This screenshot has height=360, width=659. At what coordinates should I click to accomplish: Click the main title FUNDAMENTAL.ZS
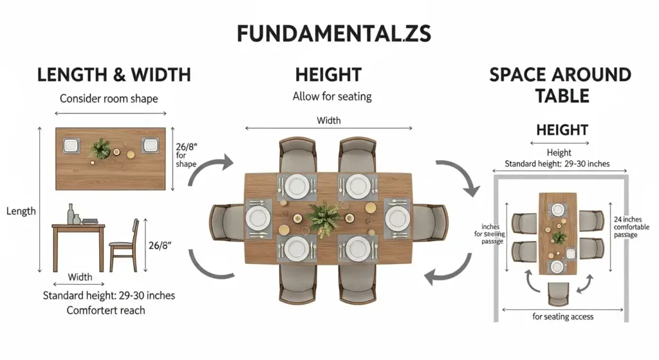(329, 33)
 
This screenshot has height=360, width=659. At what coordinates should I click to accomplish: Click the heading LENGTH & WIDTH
(114, 75)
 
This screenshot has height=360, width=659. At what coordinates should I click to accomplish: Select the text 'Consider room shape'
(109, 99)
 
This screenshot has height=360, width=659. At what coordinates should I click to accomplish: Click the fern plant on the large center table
(324, 217)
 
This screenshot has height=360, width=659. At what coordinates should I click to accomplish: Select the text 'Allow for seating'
(332, 97)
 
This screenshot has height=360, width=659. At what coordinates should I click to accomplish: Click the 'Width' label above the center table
(329, 120)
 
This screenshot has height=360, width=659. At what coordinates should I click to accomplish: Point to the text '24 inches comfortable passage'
(631, 227)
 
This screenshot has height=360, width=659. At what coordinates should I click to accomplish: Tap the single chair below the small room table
(558, 293)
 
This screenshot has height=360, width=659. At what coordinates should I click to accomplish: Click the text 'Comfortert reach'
(106, 310)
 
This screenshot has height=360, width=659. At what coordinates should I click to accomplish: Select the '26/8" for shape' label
(186, 155)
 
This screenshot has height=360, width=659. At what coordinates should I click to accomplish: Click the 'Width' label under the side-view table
(80, 278)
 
